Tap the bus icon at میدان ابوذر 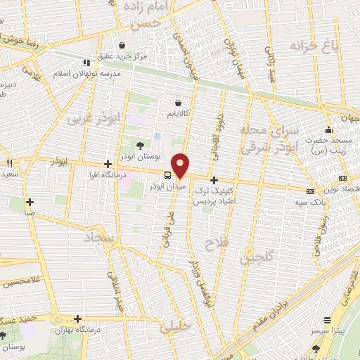tap(167, 175)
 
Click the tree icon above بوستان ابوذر tap(139, 146)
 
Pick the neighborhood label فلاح tap(214, 244)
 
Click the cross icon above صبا tap(30, 202)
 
